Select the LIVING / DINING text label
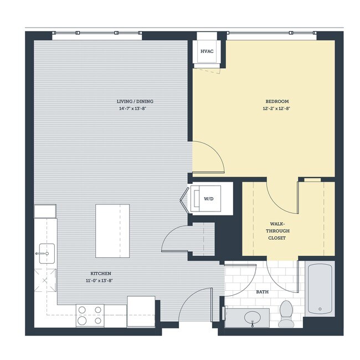135,101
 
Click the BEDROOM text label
277,101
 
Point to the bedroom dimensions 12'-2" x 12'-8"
277,109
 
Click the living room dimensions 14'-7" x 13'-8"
135,109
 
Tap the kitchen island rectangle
112,230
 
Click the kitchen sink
45,254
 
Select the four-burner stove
90,315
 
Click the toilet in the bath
286,313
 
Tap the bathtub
320,289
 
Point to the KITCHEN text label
101,274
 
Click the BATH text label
263,292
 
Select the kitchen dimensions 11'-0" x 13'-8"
101,281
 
